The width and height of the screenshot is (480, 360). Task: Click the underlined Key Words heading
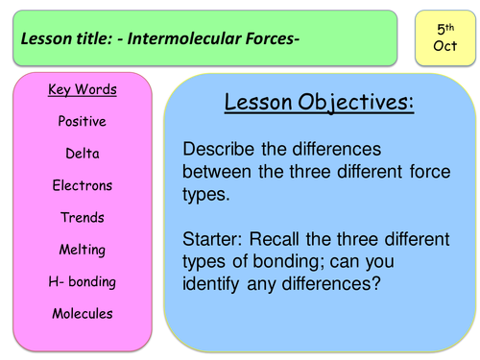[83, 90]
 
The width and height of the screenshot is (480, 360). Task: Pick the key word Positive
[83, 122]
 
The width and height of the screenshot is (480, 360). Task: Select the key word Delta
[83, 154]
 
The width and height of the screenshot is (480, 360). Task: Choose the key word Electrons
[83, 185]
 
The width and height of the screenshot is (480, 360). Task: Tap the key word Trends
[83, 218]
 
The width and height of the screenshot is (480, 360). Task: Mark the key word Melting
[83, 250]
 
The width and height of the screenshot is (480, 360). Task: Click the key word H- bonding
[83, 281]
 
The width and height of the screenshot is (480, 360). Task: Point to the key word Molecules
[83, 313]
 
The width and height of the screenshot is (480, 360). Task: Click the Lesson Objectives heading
[319, 102]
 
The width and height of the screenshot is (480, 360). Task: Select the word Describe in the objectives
[224, 151]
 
